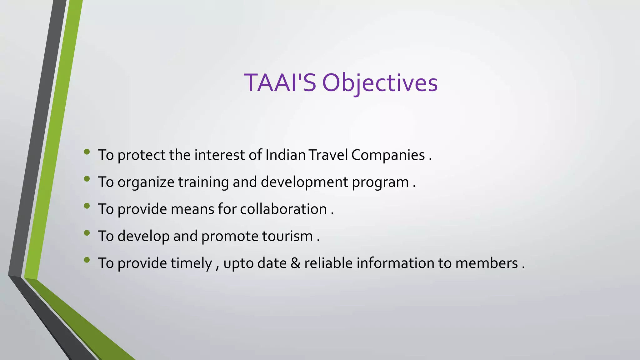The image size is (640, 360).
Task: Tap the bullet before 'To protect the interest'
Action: point(87,152)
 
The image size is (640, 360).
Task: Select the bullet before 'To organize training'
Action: point(87,179)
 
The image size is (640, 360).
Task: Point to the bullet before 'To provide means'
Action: point(87,206)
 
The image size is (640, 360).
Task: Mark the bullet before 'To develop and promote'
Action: point(87,233)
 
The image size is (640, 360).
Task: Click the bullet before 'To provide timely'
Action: point(87,260)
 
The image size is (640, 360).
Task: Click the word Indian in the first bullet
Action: point(285,155)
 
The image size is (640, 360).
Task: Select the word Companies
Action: point(388,155)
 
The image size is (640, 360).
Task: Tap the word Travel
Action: point(328,155)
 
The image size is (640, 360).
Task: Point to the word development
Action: point(304,182)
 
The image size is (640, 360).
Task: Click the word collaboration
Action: point(283,209)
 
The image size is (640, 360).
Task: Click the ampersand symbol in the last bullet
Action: point(295,263)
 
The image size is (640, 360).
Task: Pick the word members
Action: point(487,263)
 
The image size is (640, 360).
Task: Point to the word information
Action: point(395,263)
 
